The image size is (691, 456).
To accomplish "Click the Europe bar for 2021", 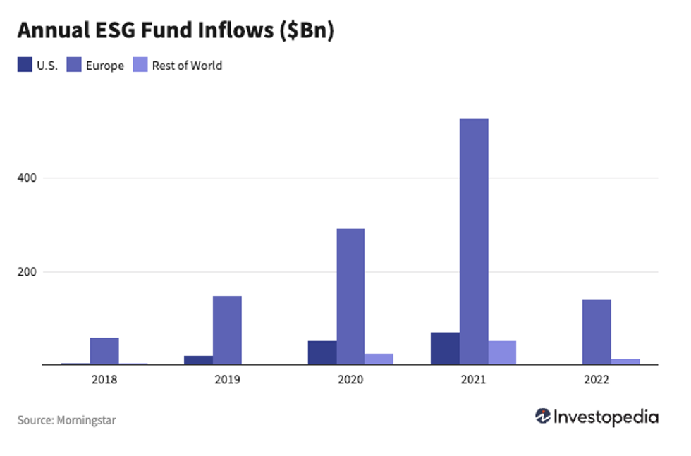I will [474, 242].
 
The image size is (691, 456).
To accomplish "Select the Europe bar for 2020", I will [350, 297].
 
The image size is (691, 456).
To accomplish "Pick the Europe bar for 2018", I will [104, 351].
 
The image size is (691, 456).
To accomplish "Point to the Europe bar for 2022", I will [597, 332].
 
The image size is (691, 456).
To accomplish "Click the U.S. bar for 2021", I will [445, 348].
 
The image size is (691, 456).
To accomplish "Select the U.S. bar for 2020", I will [322, 352].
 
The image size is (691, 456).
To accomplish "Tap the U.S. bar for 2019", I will [199, 360].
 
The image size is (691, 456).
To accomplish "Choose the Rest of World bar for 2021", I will [502, 352].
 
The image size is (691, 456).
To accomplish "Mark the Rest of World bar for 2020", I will [379, 359].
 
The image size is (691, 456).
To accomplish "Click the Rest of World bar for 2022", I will [625, 362].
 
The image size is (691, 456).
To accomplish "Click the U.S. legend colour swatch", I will [25, 66].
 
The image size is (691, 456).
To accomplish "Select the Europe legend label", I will [104, 66].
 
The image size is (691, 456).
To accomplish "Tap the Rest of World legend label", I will [187, 66].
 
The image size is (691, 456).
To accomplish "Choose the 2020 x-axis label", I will [350, 380].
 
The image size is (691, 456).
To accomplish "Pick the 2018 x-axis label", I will [104, 380].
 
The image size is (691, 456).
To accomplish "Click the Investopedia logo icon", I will [543, 416].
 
